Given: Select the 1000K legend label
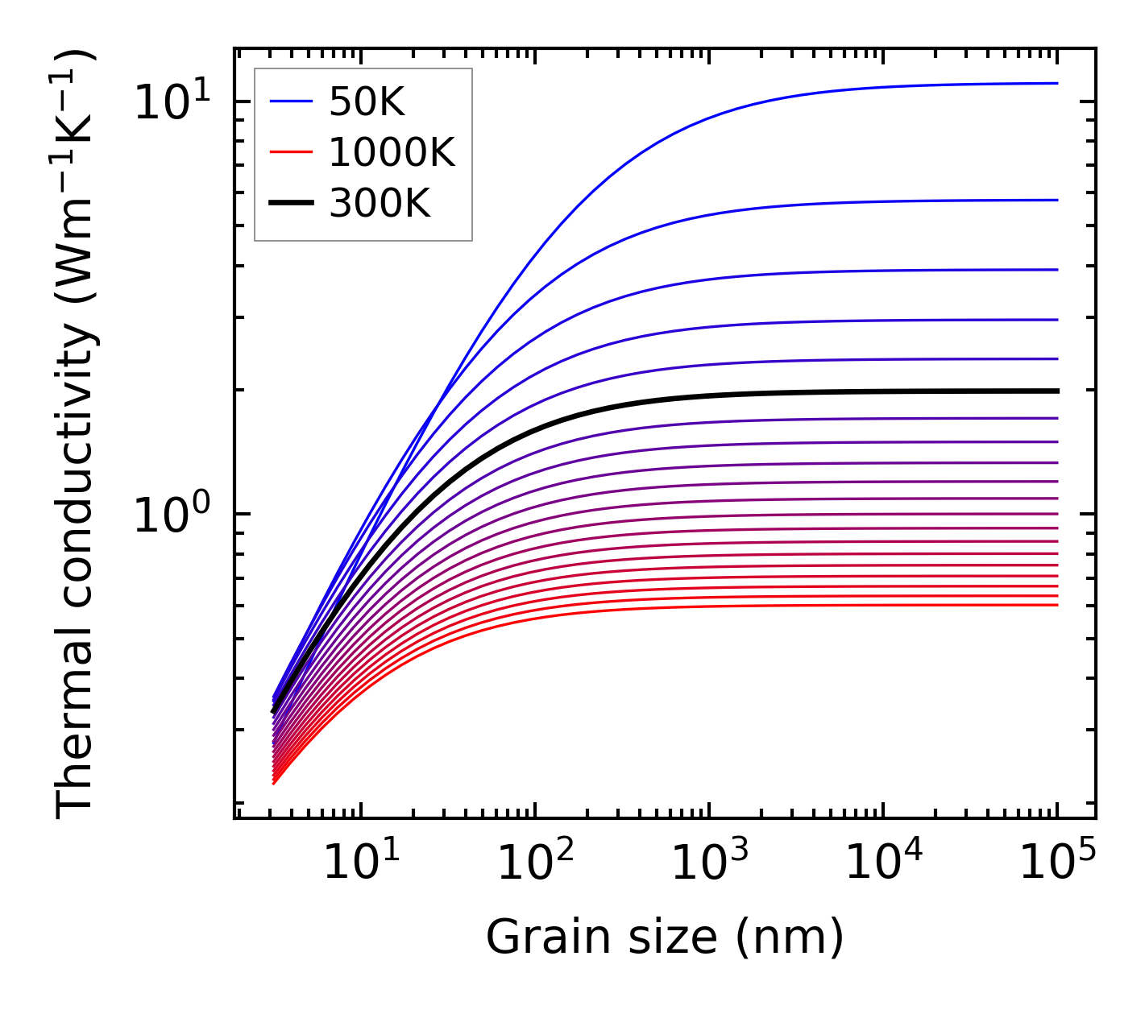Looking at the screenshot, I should [x=392, y=152].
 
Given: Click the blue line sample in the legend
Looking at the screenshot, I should [x=290, y=101].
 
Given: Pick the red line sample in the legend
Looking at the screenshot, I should [x=290, y=152].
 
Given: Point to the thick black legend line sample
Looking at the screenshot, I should [x=290, y=204].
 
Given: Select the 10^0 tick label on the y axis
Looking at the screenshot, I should [x=172, y=514].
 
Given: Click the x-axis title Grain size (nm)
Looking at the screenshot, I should [x=665, y=938].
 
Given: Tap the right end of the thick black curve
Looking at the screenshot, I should [x=1056, y=391].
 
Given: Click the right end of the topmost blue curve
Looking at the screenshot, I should [x=1056, y=83].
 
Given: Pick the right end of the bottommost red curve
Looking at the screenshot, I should [x=1056, y=605].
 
